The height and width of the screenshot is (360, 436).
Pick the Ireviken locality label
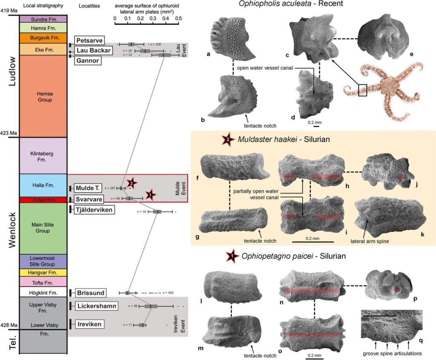(90, 325)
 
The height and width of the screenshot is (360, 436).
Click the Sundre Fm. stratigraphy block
(43, 19)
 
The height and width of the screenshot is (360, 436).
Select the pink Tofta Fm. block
(43, 282)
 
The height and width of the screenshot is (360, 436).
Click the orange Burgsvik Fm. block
(43, 38)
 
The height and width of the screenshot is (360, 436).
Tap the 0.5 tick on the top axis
(178, 19)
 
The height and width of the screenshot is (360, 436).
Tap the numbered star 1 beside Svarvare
(150, 195)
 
